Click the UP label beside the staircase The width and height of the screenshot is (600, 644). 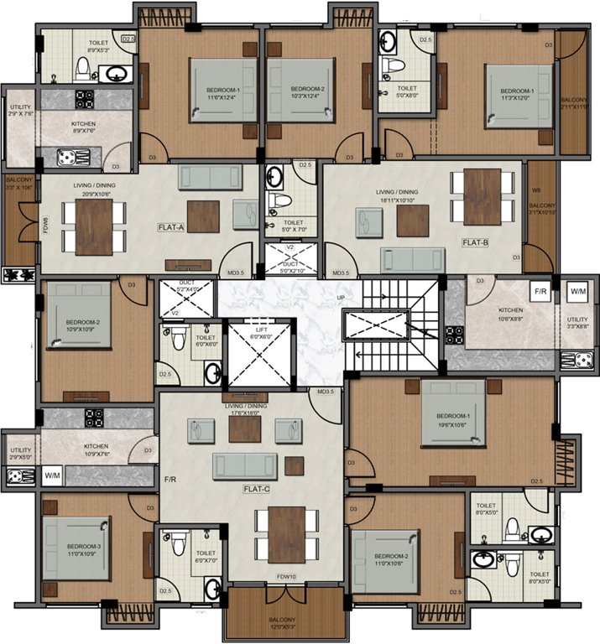point(340,298)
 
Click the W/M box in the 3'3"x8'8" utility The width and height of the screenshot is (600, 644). point(578,292)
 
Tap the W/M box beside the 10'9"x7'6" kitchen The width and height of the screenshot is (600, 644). point(53,476)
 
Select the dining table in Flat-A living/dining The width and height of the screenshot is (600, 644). point(93,226)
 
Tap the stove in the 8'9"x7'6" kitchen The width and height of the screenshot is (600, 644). point(85,99)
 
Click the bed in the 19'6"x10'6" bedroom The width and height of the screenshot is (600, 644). point(453,413)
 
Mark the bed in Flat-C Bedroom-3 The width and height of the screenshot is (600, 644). point(76,549)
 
